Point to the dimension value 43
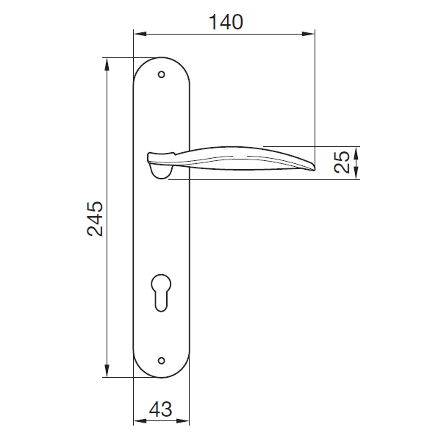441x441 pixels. (161, 409)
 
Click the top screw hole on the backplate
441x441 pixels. (162, 73)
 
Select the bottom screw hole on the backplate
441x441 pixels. (162, 361)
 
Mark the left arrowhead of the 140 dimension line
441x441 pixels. (137, 33)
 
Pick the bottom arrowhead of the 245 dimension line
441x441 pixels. (107, 373)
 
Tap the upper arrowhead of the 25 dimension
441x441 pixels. (356, 151)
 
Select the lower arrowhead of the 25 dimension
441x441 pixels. (356, 174)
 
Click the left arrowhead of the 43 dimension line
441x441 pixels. (137, 423)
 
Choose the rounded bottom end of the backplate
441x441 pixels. (162, 375)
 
